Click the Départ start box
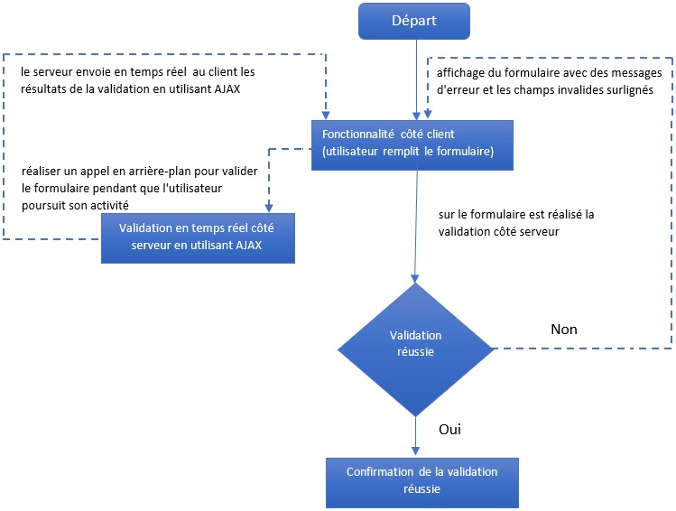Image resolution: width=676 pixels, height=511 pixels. click(416, 21)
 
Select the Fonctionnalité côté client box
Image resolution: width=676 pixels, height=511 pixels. click(416, 143)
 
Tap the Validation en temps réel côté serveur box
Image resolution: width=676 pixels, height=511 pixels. click(198, 237)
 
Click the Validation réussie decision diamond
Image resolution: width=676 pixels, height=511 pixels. click(415, 343)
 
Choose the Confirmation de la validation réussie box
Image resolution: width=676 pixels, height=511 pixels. click(421, 480)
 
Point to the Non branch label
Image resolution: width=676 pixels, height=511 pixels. click(563, 329)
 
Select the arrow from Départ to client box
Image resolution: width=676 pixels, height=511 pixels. click(416, 77)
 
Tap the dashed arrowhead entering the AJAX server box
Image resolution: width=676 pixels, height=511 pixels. click(268, 208)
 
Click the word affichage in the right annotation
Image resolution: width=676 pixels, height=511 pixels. click(455, 72)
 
